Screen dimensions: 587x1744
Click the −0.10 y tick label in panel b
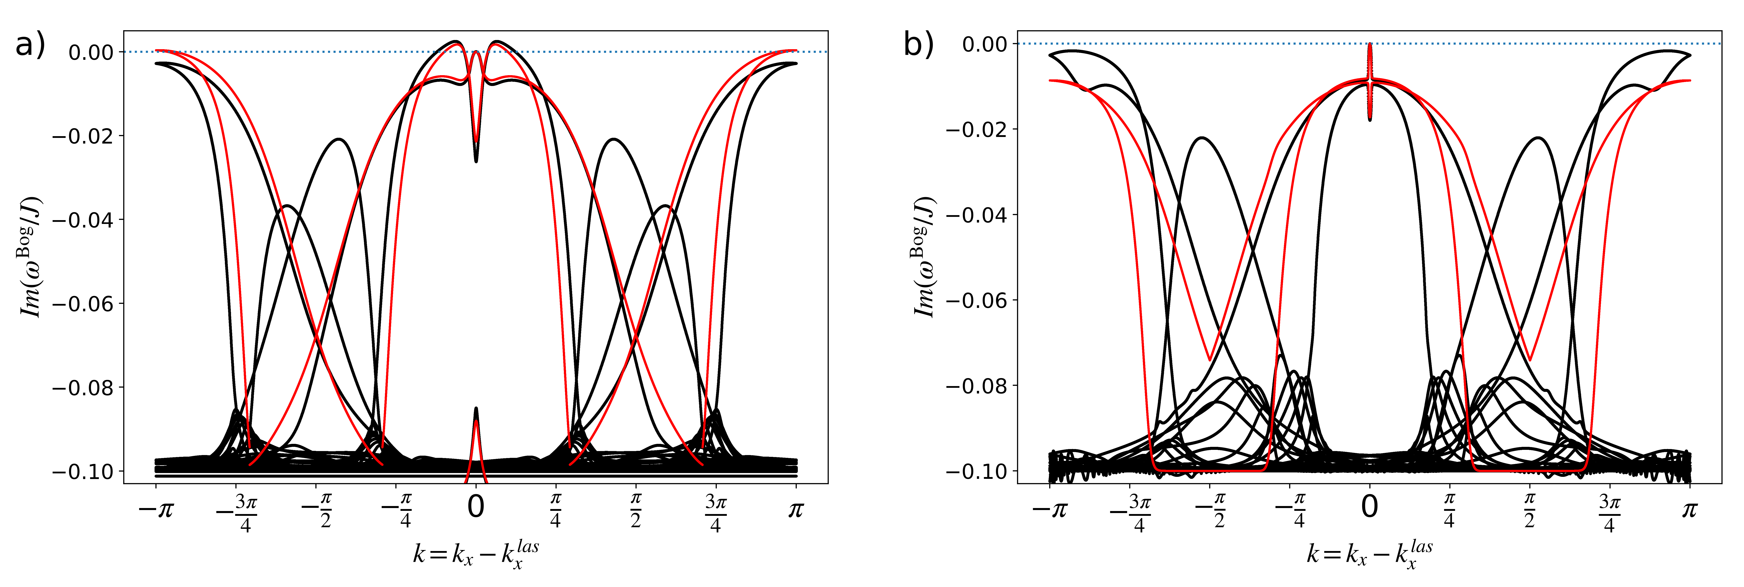point(977,471)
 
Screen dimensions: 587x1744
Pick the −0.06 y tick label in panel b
point(977,300)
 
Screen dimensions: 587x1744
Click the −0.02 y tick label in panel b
point(977,129)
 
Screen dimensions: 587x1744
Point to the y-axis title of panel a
point(30,257)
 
